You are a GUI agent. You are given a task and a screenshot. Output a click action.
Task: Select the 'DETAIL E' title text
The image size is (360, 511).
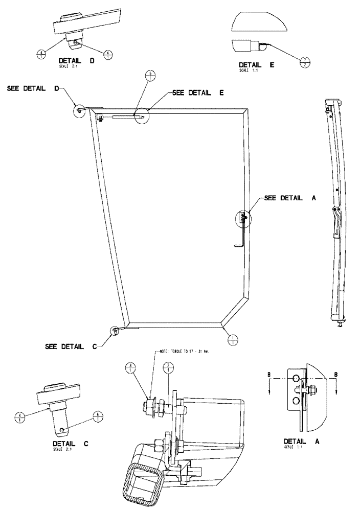click(257, 65)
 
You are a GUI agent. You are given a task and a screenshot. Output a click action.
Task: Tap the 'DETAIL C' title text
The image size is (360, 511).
click(71, 444)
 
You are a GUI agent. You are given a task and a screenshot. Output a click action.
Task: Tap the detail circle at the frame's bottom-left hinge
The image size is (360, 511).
click(115, 331)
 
